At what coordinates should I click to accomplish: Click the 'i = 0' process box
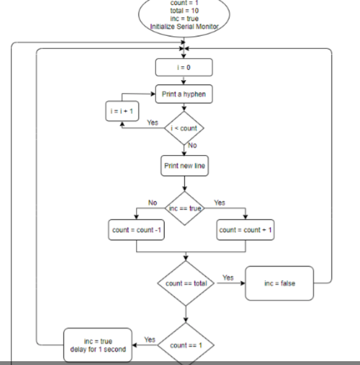point(184,67)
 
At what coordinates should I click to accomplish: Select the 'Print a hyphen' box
point(184,95)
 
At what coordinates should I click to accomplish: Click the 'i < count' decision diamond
point(184,128)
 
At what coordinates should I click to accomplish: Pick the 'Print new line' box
point(184,166)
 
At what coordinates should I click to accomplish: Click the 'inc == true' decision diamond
point(184,207)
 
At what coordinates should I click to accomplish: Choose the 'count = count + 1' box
point(246,230)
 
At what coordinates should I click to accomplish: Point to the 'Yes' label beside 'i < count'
point(153,122)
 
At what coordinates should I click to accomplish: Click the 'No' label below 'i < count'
point(193,146)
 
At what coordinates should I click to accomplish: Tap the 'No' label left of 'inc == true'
point(153,202)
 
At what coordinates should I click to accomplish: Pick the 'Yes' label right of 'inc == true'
point(219,202)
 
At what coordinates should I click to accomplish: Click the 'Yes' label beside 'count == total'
point(228,278)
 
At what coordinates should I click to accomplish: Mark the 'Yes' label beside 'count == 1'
point(150,340)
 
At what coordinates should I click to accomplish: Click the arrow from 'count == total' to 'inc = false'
point(230,284)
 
